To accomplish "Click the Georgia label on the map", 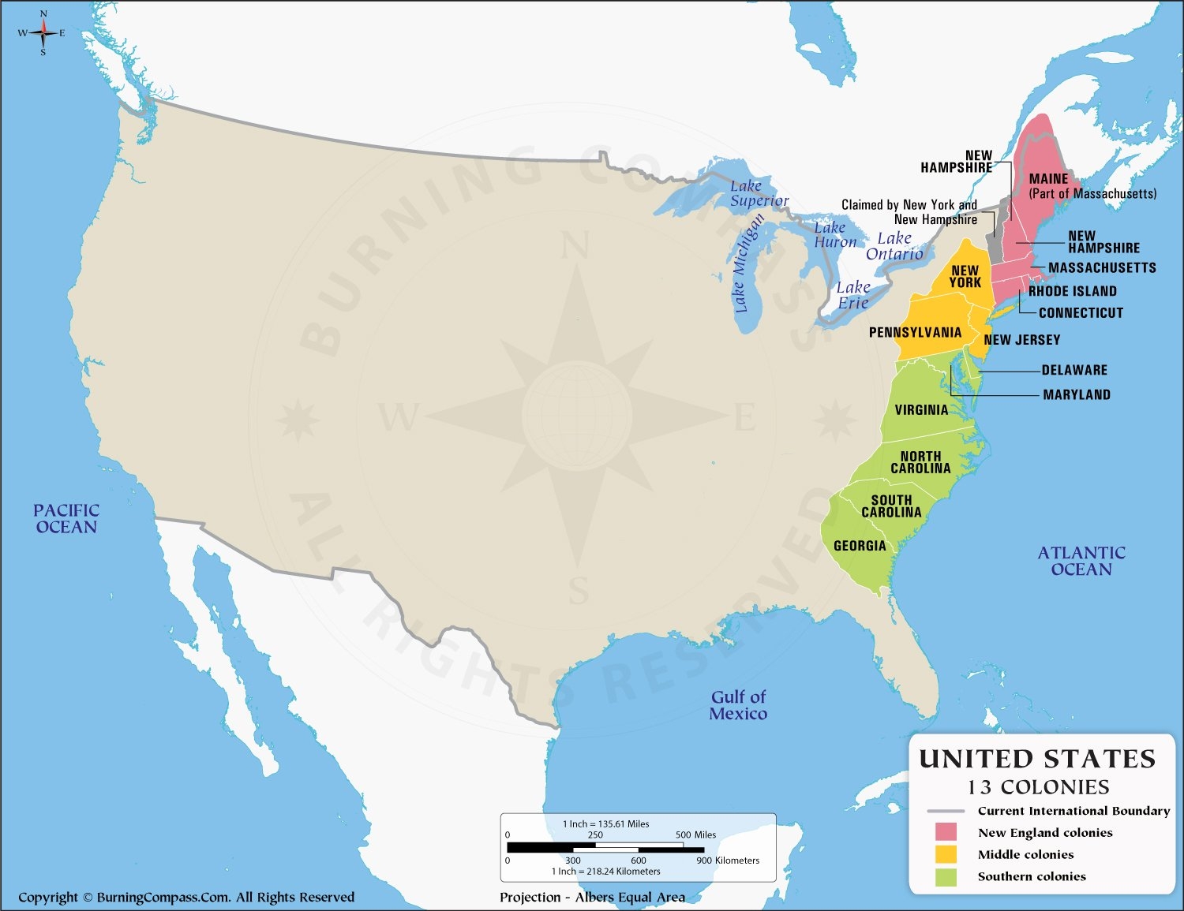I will click(x=860, y=546).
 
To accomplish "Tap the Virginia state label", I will click(x=921, y=410).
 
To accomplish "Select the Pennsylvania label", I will click(x=915, y=333).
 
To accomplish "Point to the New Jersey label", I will click(x=1021, y=340).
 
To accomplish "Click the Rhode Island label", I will click(x=1072, y=292).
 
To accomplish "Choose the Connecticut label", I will click(x=1081, y=313).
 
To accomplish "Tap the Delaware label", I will click(x=1074, y=371).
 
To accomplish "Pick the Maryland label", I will click(x=1077, y=395).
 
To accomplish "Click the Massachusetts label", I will click(x=1102, y=268).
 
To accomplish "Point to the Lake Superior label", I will click(x=759, y=193).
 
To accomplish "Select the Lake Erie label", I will click(x=853, y=295).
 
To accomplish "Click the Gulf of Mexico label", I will click(x=738, y=705).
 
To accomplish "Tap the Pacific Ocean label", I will click(x=66, y=519).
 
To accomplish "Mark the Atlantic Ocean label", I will click(x=1081, y=561).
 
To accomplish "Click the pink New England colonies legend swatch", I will click(x=946, y=832).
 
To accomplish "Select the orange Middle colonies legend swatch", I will click(x=946, y=854).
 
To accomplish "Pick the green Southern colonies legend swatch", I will click(x=946, y=876).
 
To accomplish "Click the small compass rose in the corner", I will click(x=43, y=32).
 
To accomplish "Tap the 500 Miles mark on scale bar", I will click(x=695, y=834).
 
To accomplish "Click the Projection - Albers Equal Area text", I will click(x=592, y=897).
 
